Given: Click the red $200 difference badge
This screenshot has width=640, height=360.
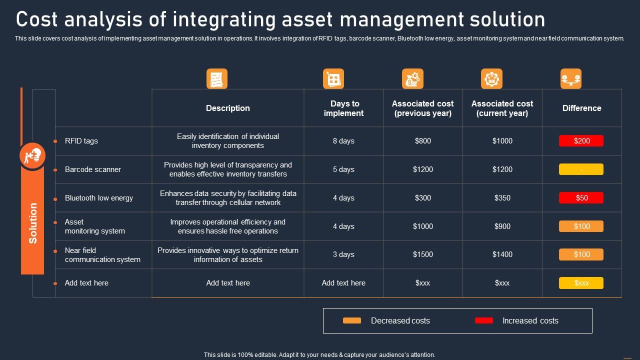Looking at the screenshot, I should coord(581,141).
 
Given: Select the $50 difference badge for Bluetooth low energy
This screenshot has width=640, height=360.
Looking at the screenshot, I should coord(581,198).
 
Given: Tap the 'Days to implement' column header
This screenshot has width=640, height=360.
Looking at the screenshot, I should coord(344,108).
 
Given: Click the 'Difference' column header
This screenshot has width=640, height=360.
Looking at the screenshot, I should coord(581,108).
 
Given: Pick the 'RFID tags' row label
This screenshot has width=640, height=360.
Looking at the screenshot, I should coord(81,141).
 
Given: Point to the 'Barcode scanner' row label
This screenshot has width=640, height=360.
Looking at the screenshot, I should coord(93,169).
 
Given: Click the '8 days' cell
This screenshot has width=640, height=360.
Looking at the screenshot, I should coord(343,141).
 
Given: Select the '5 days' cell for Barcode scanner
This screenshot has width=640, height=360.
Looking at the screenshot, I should coord(343,169).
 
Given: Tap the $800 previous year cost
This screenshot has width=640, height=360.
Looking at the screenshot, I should coord(422,141).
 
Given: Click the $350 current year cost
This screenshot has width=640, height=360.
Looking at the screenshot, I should coord(502,198).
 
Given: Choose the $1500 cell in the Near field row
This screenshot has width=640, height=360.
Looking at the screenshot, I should coord(422,254).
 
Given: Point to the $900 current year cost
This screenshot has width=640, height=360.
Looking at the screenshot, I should coord(502,226).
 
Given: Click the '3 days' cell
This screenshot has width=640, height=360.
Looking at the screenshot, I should coord(343,254).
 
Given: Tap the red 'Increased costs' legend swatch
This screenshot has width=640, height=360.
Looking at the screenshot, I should coord(483,320).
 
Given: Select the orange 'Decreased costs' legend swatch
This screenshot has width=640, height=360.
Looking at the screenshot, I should coord(351,320).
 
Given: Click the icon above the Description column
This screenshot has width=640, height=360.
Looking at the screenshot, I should coord(217,79).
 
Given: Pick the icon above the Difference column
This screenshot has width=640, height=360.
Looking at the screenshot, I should coord(570,79).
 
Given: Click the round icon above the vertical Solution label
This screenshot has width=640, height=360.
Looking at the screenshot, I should coord(33,156).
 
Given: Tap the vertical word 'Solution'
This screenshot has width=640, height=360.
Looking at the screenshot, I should coord(33,223).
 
